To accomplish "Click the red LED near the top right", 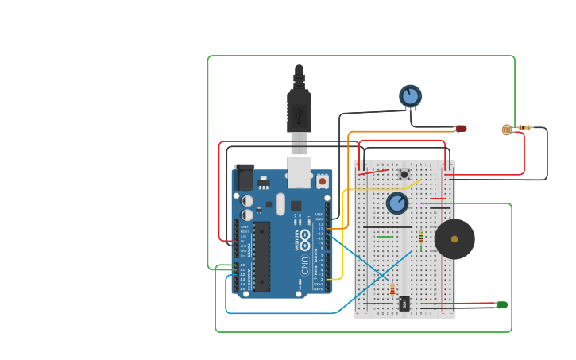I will pyautogui.click(x=461, y=128).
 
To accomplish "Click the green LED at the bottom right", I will pyautogui.click(x=502, y=304).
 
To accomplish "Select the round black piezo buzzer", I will pyautogui.click(x=454, y=239).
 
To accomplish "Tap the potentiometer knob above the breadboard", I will pyautogui.click(x=410, y=96).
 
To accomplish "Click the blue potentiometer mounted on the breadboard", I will pyautogui.click(x=397, y=203).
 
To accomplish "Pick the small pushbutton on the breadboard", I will pyautogui.click(x=404, y=174).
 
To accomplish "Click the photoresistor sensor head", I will pyautogui.click(x=507, y=130).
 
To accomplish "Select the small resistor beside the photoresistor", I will pyautogui.click(x=524, y=127).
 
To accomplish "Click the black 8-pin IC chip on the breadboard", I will pyautogui.click(x=404, y=303).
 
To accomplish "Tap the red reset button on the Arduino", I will pyautogui.click(x=322, y=181).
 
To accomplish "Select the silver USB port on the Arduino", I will pyautogui.click(x=299, y=172).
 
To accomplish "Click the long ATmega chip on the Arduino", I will pyautogui.click(x=261, y=256).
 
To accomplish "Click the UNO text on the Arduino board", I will pyautogui.click(x=304, y=265).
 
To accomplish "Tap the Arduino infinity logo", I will pyautogui.click(x=305, y=238).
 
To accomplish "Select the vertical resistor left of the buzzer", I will pyautogui.click(x=421, y=236).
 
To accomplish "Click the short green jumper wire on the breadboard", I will pyautogui.click(x=385, y=236).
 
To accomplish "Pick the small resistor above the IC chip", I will pyautogui.click(x=392, y=289).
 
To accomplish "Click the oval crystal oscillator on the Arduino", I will pyautogui.click(x=280, y=204).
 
